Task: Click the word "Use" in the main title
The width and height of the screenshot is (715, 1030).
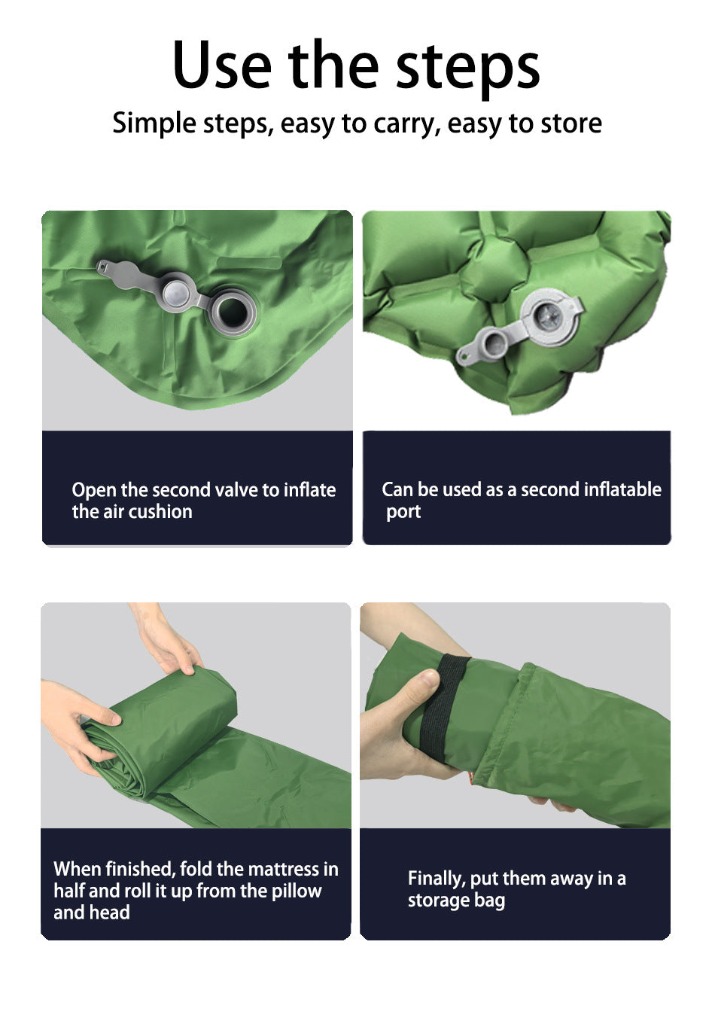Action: (221, 66)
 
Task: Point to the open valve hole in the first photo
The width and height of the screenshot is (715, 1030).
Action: (234, 309)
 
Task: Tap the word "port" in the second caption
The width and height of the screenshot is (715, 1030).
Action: (403, 512)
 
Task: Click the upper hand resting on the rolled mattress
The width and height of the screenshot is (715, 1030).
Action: (176, 648)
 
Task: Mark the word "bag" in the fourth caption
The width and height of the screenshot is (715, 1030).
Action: (489, 901)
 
